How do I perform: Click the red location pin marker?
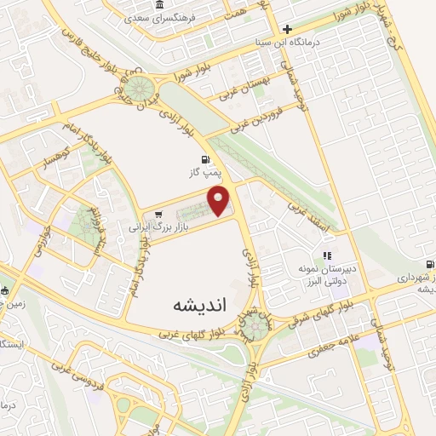pyautogui.click(x=220, y=201)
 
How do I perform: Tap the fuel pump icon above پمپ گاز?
pyautogui.click(x=204, y=159)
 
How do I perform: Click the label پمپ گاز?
pyautogui.click(x=204, y=172)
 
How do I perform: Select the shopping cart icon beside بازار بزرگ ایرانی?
pyautogui.click(x=135, y=214)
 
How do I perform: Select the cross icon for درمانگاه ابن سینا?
pyautogui.click(x=288, y=28)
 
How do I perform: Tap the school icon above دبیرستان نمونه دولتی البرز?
pyautogui.click(x=326, y=255)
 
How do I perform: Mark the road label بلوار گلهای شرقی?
pyautogui.click(x=342, y=307)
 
